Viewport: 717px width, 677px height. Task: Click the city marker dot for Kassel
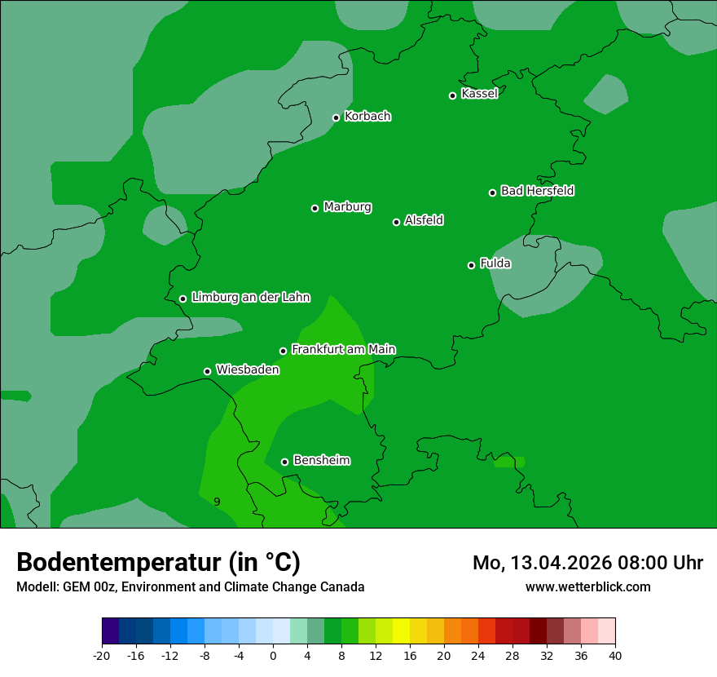(x=452, y=95)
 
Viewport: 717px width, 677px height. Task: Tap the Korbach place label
(x=367, y=117)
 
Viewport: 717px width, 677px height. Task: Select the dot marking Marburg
(x=315, y=208)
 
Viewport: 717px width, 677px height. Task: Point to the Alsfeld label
(x=424, y=220)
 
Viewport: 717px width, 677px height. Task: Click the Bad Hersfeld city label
(x=537, y=191)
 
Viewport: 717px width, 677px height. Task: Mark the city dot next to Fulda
(x=471, y=265)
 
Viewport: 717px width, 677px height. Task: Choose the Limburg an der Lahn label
(x=250, y=298)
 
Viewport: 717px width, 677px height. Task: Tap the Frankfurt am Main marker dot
(x=283, y=351)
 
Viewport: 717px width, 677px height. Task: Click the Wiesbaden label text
(x=247, y=369)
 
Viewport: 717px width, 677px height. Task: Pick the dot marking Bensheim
(x=284, y=462)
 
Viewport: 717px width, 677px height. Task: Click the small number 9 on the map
(x=217, y=502)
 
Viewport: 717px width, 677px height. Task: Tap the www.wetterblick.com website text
(x=588, y=586)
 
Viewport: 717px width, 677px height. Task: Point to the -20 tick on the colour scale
(x=102, y=655)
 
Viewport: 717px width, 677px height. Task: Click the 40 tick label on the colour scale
(x=615, y=655)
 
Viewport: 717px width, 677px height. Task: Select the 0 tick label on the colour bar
(x=273, y=655)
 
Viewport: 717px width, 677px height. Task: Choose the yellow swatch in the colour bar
(x=401, y=631)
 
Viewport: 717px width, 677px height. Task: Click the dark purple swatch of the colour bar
(x=111, y=631)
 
